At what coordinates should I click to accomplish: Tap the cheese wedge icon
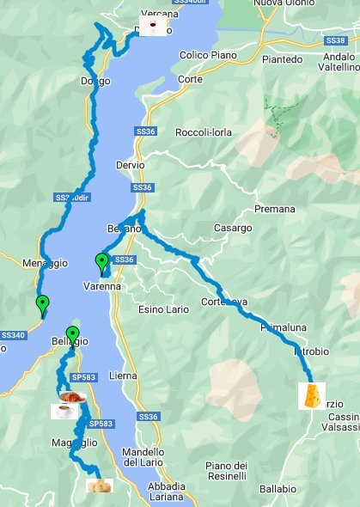pos(312,395)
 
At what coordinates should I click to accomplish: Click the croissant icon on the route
pos(72,396)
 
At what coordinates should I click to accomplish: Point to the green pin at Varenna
pos(101,262)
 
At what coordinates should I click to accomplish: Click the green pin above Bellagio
pos(73,335)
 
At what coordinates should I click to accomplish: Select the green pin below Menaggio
pos(42,303)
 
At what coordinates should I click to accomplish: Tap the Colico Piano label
pos(206,56)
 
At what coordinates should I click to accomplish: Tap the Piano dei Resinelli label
pos(227,470)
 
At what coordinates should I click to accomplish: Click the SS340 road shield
pos(12,334)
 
